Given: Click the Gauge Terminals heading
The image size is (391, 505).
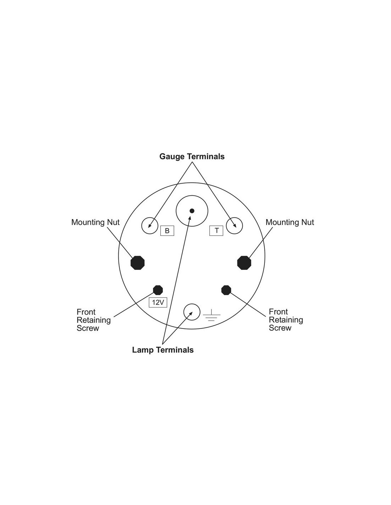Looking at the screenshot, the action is pyautogui.click(x=192, y=156).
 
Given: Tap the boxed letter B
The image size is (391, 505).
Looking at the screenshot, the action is pyautogui.click(x=167, y=231).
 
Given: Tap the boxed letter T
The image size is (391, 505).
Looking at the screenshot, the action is pyautogui.click(x=216, y=230).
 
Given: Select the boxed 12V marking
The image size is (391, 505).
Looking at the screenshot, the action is pyautogui.click(x=158, y=302).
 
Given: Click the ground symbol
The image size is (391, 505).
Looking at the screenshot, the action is pyautogui.click(x=211, y=315).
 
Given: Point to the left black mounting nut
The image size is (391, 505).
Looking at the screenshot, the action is pyautogui.click(x=138, y=263).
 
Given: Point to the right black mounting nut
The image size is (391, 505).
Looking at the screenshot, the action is pyautogui.click(x=244, y=263).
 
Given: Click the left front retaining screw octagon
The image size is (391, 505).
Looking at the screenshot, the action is pyautogui.click(x=158, y=290).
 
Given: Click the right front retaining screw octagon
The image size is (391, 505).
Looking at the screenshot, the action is pyautogui.click(x=226, y=290).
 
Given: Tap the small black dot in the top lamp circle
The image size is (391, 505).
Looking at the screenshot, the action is pyautogui.click(x=192, y=211).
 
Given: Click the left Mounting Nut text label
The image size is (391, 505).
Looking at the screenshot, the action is pyautogui.click(x=95, y=222).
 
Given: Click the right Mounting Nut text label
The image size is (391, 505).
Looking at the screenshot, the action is pyautogui.click(x=290, y=222).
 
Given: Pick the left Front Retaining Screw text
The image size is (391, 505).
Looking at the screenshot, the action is pyautogui.click(x=93, y=320).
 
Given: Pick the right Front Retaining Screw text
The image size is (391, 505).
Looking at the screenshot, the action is pyautogui.click(x=286, y=320).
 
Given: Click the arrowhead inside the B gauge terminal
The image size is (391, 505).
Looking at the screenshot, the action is pyautogui.click(x=150, y=226).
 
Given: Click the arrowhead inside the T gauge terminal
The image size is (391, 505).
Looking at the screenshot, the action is pyautogui.click(x=235, y=226).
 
